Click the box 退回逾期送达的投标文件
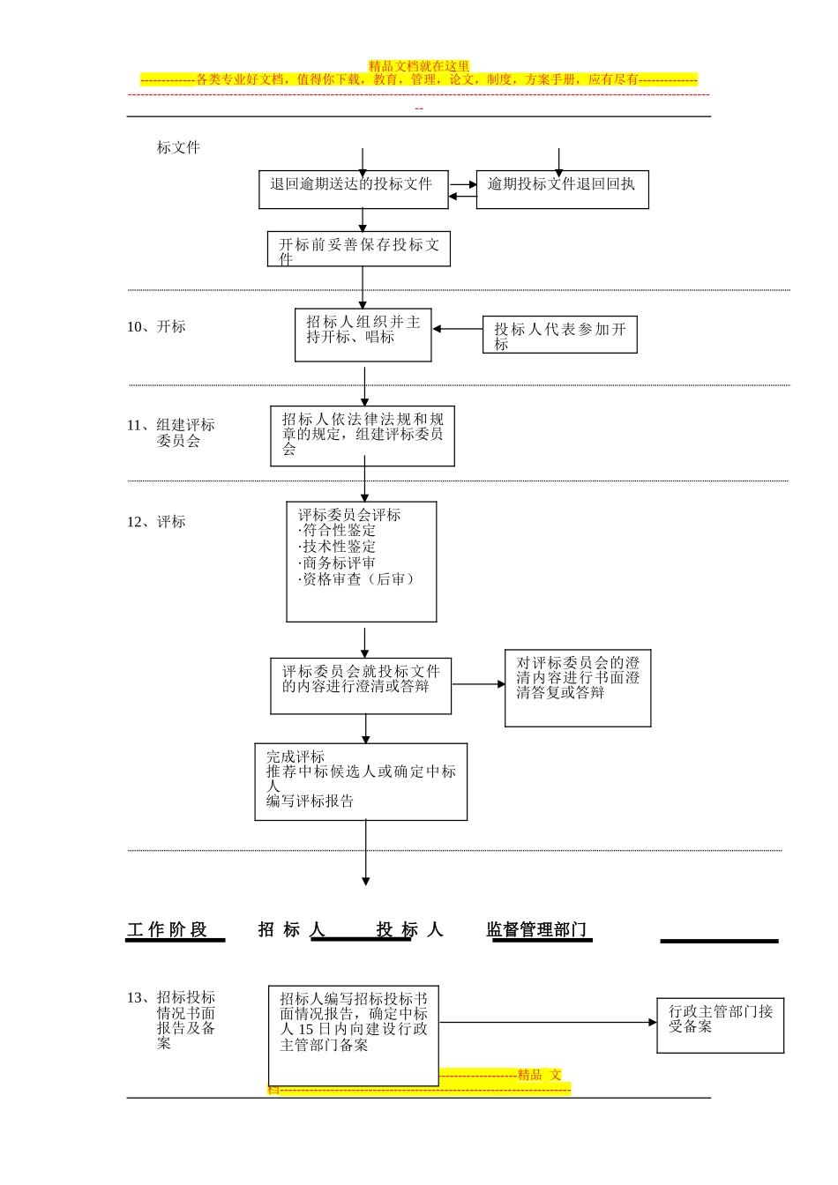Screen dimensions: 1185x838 [x=353, y=190]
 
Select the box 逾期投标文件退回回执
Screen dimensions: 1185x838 [x=562, y=190]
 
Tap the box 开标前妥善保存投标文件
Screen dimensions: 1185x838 [x=359, y=250]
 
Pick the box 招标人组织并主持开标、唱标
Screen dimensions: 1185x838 [x=363, y=334]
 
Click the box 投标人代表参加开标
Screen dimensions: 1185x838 [x=559, y=335]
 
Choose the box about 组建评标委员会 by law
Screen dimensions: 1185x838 [x=363, y=436]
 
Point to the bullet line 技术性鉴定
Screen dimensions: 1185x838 [x=338, y=547]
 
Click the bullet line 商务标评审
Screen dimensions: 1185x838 [x=338, y=563]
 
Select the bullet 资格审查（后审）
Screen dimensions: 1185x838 [x=356, y=579]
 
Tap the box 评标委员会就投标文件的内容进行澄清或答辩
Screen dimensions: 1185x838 [x=361, y=686]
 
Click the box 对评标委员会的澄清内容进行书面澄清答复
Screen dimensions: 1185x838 [x=578, y=688]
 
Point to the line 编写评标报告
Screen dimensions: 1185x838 [x=311, y=801]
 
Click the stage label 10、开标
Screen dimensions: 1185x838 [x=156, y=327]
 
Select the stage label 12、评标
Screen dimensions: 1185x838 [x=156, y=522]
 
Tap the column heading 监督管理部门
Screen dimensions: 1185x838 [x=536, y=930]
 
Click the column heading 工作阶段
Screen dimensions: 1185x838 [x=167, y=930]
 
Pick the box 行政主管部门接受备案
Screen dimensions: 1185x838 [x=720, y=1025]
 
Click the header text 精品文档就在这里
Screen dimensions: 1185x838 [x=419, y=66]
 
